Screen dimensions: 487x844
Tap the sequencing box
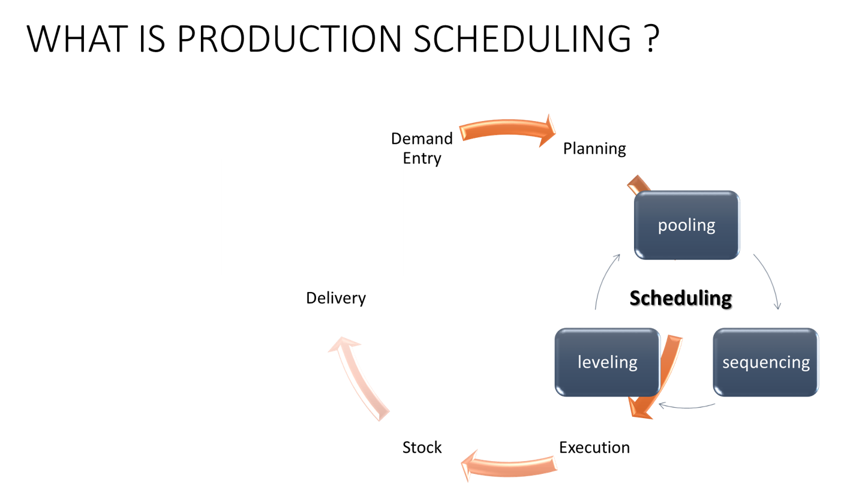tap(765, 362)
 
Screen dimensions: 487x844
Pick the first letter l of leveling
tap(580, 362)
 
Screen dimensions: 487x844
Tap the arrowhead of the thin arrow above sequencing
tap(778, 306)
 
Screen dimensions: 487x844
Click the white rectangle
tap(312, 217)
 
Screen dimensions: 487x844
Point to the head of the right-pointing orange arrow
tap(547, 131)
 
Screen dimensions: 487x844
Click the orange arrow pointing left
tap(510, 466)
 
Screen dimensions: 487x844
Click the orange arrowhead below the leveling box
tap(641, 410)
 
